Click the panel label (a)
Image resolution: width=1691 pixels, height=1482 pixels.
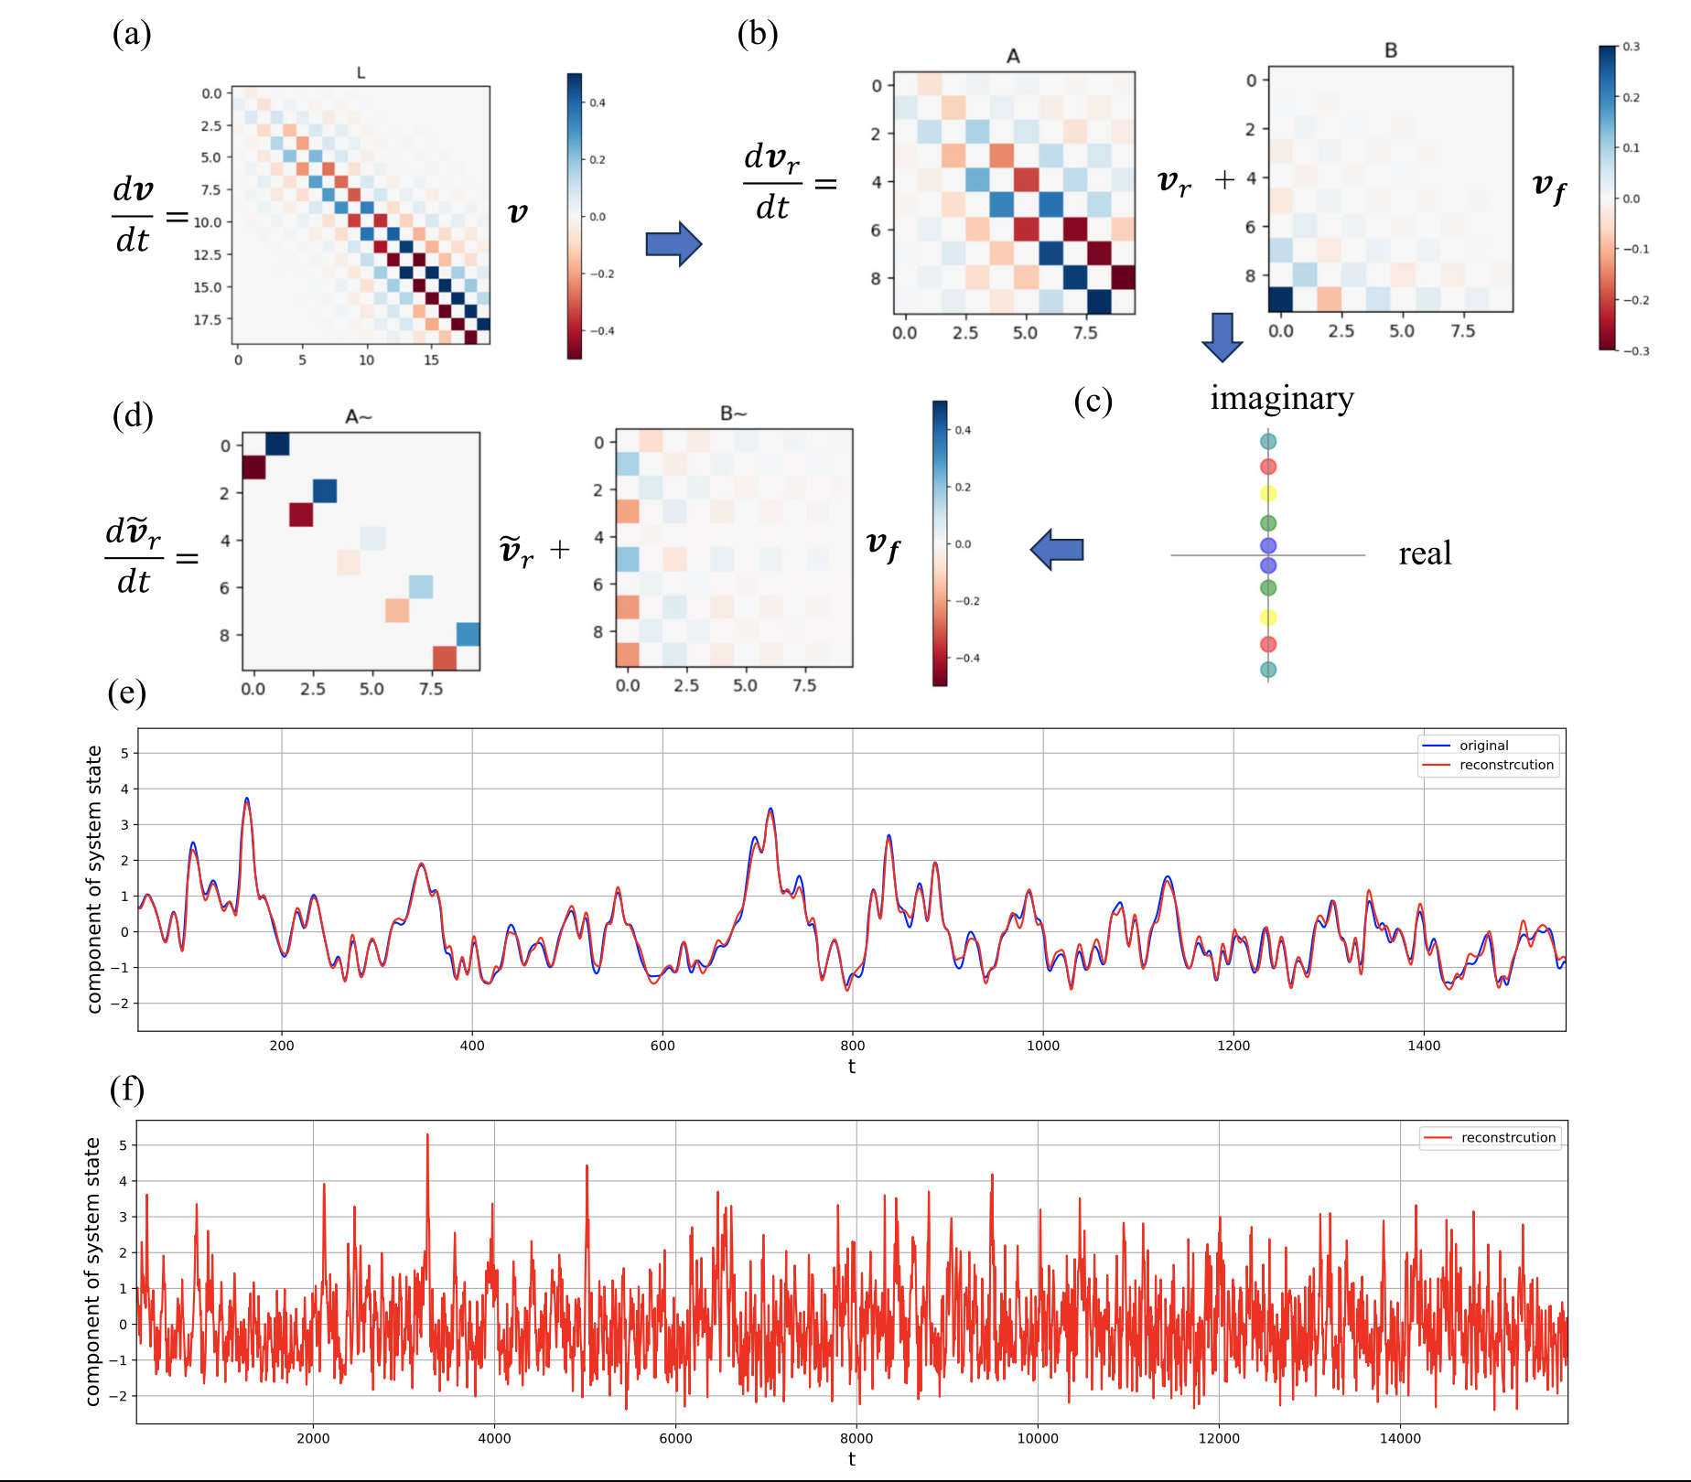(132, 34)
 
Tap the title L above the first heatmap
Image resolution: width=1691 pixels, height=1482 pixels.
(361, 72)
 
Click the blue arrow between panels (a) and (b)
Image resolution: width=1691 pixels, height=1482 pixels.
(673, 244)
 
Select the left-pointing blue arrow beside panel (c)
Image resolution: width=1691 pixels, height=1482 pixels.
(1057, 550)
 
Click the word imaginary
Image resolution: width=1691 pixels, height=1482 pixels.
(1282, 399)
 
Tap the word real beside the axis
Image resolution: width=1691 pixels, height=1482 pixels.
(1425, 553)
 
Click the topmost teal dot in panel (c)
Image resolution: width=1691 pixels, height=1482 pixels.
(1268, 442)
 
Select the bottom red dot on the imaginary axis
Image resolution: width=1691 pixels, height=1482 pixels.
(1268, 644)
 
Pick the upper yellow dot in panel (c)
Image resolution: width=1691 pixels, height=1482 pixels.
(1268, 494)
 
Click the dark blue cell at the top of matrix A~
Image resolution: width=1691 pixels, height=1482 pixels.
(277, 445)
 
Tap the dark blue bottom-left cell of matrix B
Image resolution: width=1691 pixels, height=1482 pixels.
(1280, 299)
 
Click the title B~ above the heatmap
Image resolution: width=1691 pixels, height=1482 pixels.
(734, 413)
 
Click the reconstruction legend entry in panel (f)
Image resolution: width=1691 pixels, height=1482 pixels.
(1491, 1138)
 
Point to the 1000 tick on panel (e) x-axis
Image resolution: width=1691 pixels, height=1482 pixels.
(1043, 1046)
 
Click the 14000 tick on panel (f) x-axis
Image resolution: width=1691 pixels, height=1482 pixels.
(1400, 1438)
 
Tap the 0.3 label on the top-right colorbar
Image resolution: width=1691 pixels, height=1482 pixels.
(1632, 47)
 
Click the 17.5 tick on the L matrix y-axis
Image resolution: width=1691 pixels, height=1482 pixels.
(208, 319)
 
